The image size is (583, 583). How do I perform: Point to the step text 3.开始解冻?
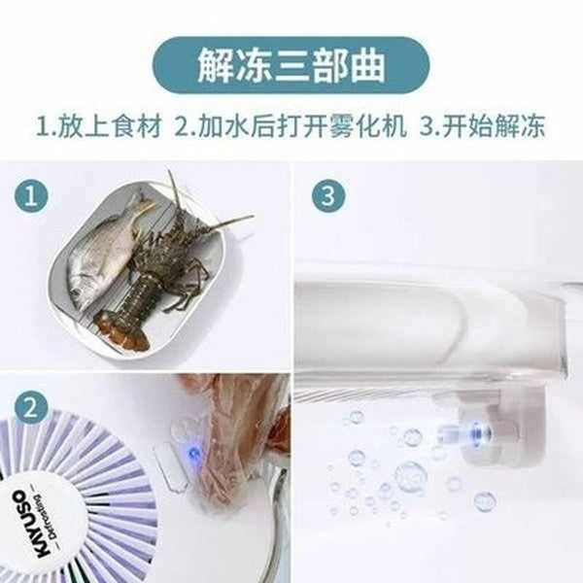tap(483, 126)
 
